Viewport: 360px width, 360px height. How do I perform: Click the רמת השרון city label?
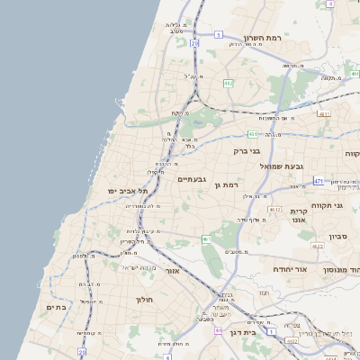tap(265, 39)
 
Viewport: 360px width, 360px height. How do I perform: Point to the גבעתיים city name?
tap(193, 179)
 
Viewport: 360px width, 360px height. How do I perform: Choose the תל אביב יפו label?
tap(125, 191)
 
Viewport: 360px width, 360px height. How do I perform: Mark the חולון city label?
tap(146, 299)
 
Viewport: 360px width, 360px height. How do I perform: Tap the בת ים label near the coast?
tap(57, 307)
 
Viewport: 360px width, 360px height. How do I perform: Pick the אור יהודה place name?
tap(314, 269)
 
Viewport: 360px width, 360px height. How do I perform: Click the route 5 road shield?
tap(219, 34)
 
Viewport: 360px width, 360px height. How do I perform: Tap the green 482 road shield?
tap(229, 83)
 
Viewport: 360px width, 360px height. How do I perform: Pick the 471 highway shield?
tap(319, 180)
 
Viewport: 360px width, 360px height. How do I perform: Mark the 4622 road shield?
tap(317, 246)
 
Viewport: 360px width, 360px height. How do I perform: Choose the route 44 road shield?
tap(219, 330)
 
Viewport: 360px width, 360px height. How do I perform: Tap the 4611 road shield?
tap(323, 113)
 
